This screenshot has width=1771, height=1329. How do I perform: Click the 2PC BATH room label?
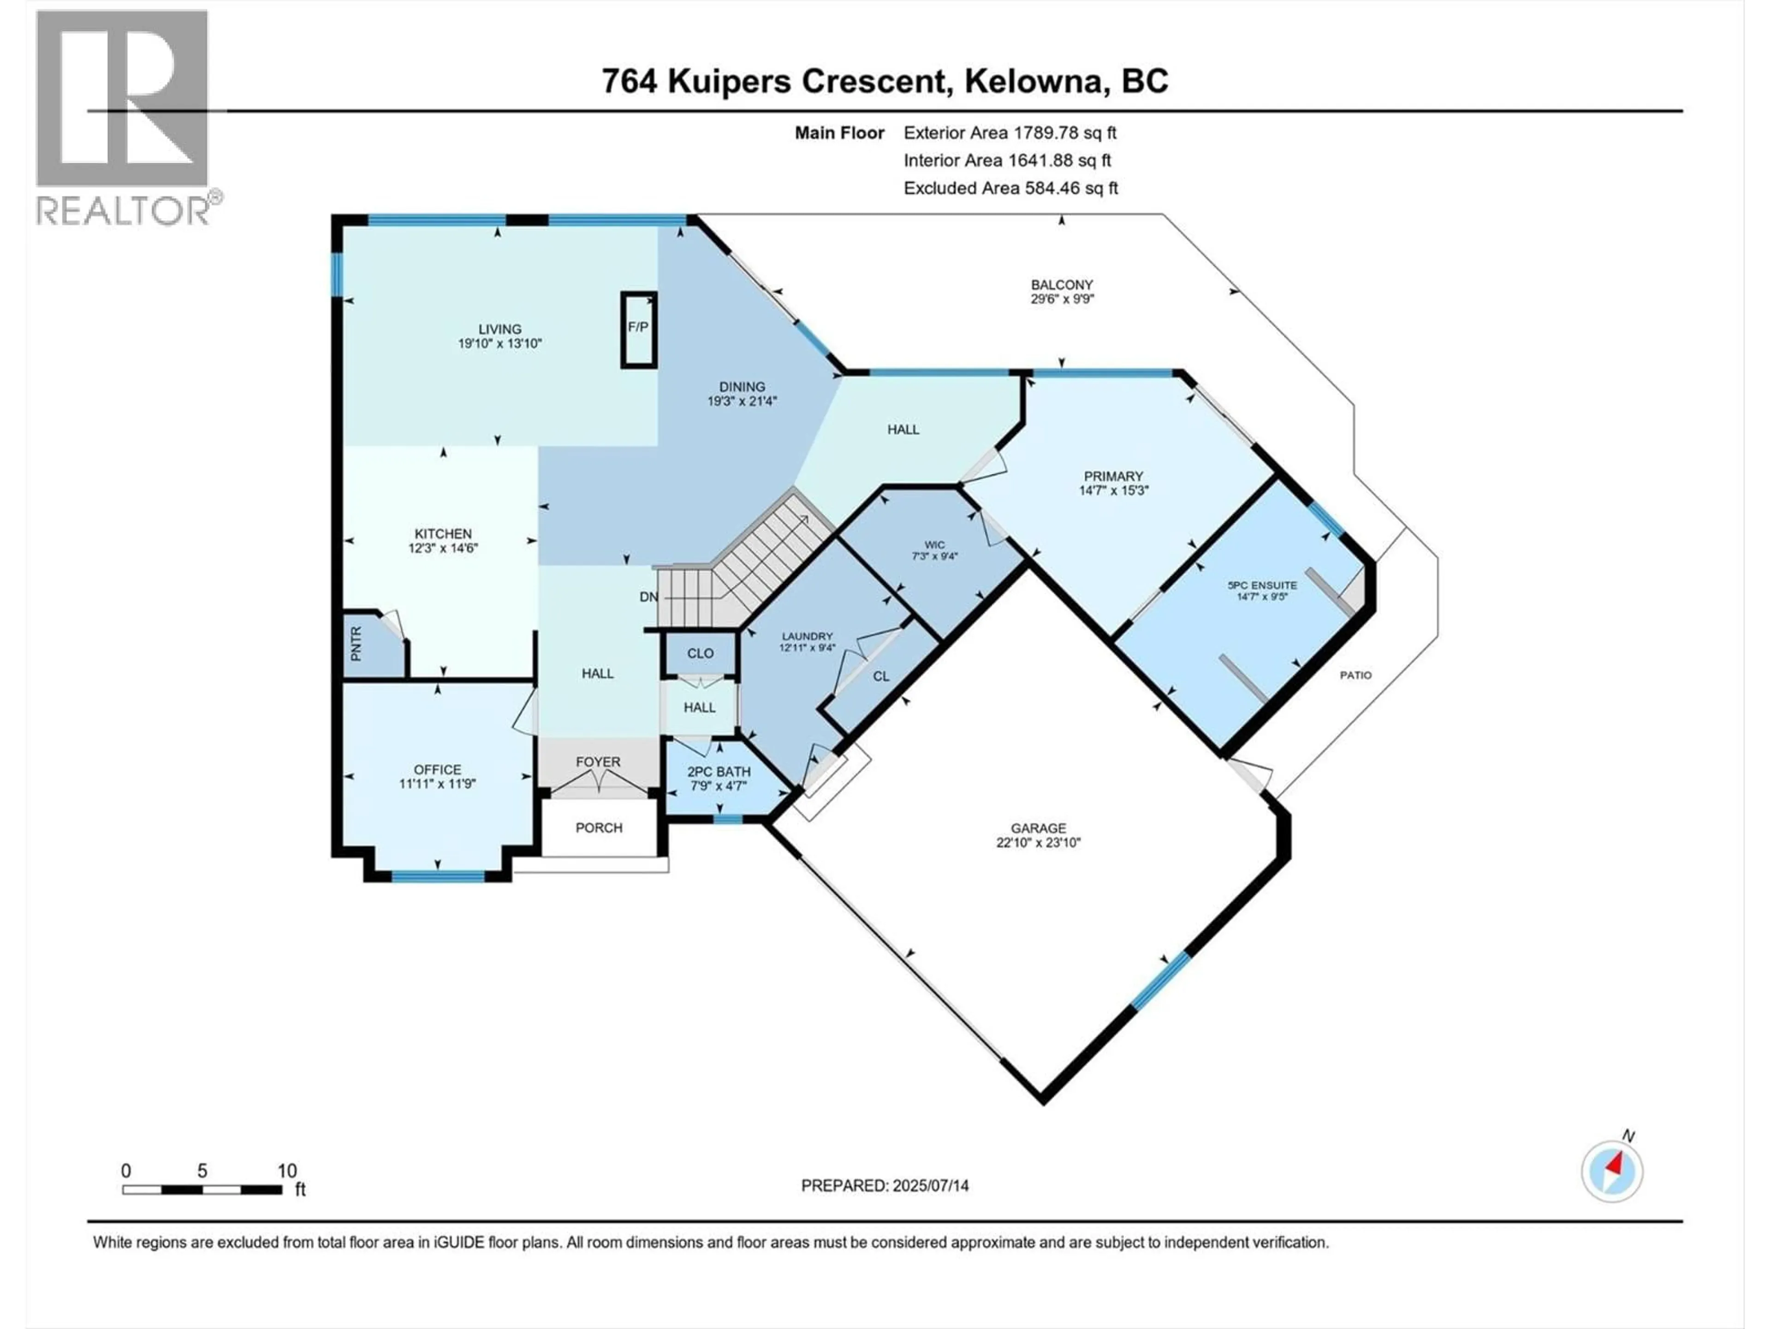tap(719, 772)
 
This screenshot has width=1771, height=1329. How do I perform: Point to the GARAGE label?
tap(1039, 828)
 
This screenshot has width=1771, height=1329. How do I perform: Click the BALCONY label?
tap(1062, 284)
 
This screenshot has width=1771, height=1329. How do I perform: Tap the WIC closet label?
tap(934, 545)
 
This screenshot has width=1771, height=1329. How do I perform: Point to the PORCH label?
tap(599, 827)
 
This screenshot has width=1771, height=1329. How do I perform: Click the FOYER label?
tap(598, 762)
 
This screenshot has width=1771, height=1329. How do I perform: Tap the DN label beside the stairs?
tap(648, 597)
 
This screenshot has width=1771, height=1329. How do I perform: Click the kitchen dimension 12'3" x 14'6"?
tap(443, 549)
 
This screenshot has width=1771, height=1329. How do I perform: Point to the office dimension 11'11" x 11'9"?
tap(438, 784)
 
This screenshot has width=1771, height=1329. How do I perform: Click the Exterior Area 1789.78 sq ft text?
tap(1010, 133)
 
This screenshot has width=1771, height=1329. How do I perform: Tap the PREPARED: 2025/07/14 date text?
tap(885, 1185)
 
